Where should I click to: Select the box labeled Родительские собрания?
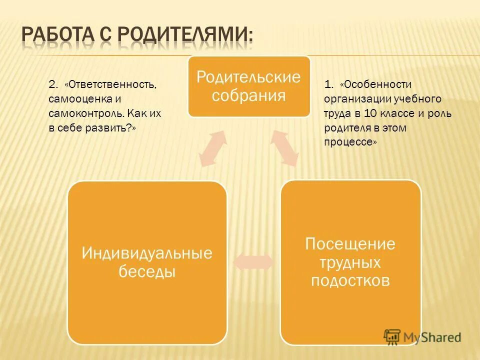248,86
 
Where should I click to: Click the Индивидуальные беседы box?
147,262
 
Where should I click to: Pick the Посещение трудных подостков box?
350,262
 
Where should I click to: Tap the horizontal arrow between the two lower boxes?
253,262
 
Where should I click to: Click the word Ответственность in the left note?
112,84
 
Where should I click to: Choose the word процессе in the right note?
349,142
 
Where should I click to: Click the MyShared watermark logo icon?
392,336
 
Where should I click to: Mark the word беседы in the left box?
147,272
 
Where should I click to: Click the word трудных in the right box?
350,262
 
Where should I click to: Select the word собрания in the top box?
248,95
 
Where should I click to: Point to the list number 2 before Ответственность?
52,84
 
